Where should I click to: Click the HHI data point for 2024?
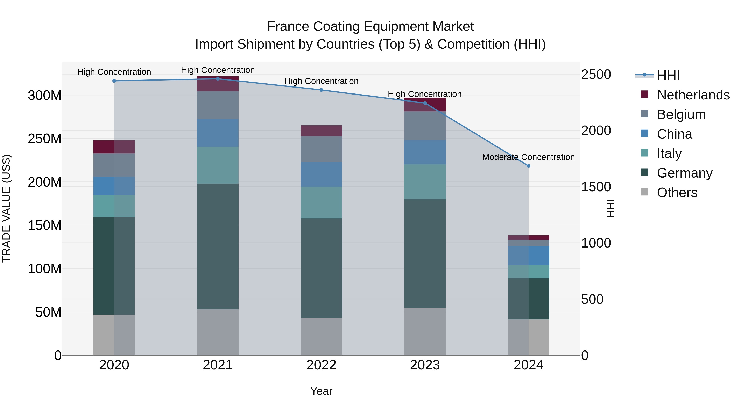click(x=528, y=166)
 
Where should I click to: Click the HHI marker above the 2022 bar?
click(x=321, y=90)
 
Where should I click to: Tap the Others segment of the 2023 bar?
click(x=425, y=332)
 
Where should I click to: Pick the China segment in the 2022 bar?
click(x=321, y=174)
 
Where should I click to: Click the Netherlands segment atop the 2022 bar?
click(x=321, y=131)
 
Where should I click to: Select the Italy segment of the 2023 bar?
click(x=425, y=182)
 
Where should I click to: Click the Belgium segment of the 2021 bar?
click(x=218, y=105)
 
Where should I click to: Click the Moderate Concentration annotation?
click(x=528, y=157)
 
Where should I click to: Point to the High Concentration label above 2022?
click(x=321, y=81)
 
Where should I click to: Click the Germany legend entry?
click(x=684, y=173)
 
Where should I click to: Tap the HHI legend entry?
click(x=668, y=75)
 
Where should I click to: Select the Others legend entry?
click(x=677, y=193)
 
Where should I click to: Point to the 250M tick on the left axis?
click(x=45, y=139)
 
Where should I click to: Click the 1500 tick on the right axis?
click(x=596, y=187)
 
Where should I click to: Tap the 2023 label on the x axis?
click(x=425, y=365)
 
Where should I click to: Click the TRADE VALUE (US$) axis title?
click(x=6, y=208)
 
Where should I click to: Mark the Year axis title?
click(x=321, y=391)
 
